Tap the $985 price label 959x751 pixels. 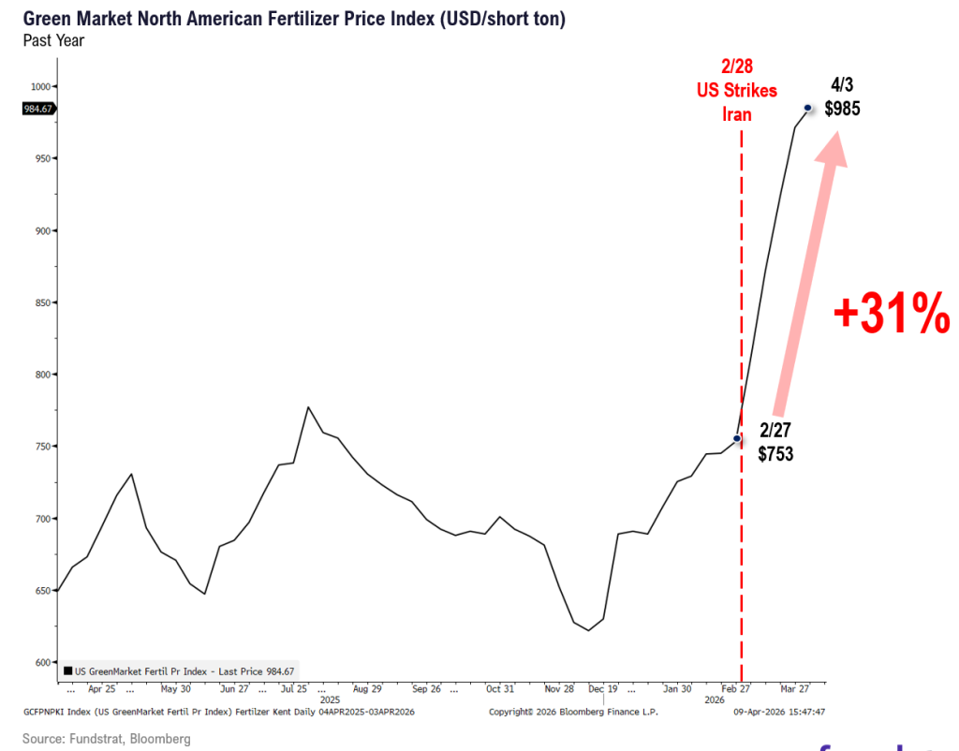(842, 109)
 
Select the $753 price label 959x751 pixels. (776, 456)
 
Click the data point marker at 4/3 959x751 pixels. (807, 109)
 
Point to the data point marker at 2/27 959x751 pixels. (737, 438)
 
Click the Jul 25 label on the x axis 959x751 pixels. (294, 689)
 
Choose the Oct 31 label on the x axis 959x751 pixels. (499, 689)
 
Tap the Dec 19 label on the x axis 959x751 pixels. (604, 689)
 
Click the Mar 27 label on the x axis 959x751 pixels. (796, 689)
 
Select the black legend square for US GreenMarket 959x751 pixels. (68, 670)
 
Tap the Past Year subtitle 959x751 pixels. (52, 39)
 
